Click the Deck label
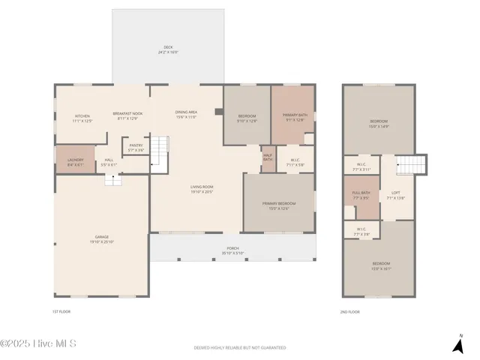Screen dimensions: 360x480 (x=168, y=50)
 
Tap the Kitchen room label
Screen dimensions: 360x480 (x=82, y=118)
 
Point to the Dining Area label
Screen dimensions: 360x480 (x=186, y=114)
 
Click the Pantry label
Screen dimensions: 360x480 (x=136, y=147)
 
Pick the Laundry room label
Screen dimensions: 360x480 (x=75, y=161)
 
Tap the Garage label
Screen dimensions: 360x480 (x=101, y=239)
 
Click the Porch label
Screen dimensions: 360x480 (x=233, y=250)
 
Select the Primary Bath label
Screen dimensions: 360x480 (x=294, y=118)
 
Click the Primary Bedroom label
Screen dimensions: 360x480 (x=278, y=205)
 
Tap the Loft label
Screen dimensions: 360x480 (x=395, y=195)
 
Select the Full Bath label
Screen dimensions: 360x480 (x=361, y=195)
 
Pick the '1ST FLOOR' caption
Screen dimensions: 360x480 (x=61, y=311)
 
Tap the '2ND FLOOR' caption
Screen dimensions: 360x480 (x=349, y=311)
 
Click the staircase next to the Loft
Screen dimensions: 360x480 (x=410, y=163)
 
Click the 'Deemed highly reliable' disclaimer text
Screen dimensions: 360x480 (x=240, y=347)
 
